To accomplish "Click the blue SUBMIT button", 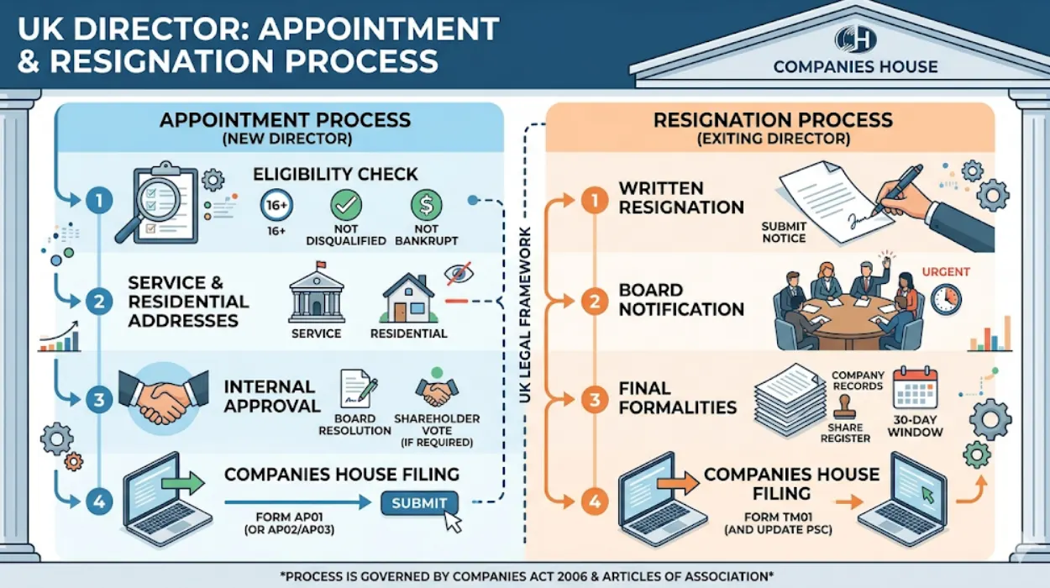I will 419,502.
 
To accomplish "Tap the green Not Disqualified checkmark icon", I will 345,205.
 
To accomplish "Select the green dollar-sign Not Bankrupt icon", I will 426,205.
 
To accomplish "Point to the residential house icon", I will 408,298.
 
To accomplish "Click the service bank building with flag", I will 316,296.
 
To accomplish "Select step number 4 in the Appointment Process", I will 99,502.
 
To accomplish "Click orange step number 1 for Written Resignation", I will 594,202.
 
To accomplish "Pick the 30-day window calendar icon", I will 915,389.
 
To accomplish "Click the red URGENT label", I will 946,272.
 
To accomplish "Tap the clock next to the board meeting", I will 946,298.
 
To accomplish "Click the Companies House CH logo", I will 855,39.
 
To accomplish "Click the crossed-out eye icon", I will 458,273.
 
